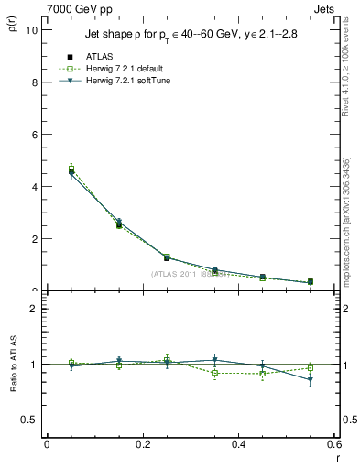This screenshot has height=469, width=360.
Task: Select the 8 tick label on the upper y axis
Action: coord(33,82)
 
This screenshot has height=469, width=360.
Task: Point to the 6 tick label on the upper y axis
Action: coord(33,134)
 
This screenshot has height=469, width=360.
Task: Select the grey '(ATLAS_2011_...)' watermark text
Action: coord(190,274)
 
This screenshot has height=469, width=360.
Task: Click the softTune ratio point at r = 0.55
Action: coord(311,380)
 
